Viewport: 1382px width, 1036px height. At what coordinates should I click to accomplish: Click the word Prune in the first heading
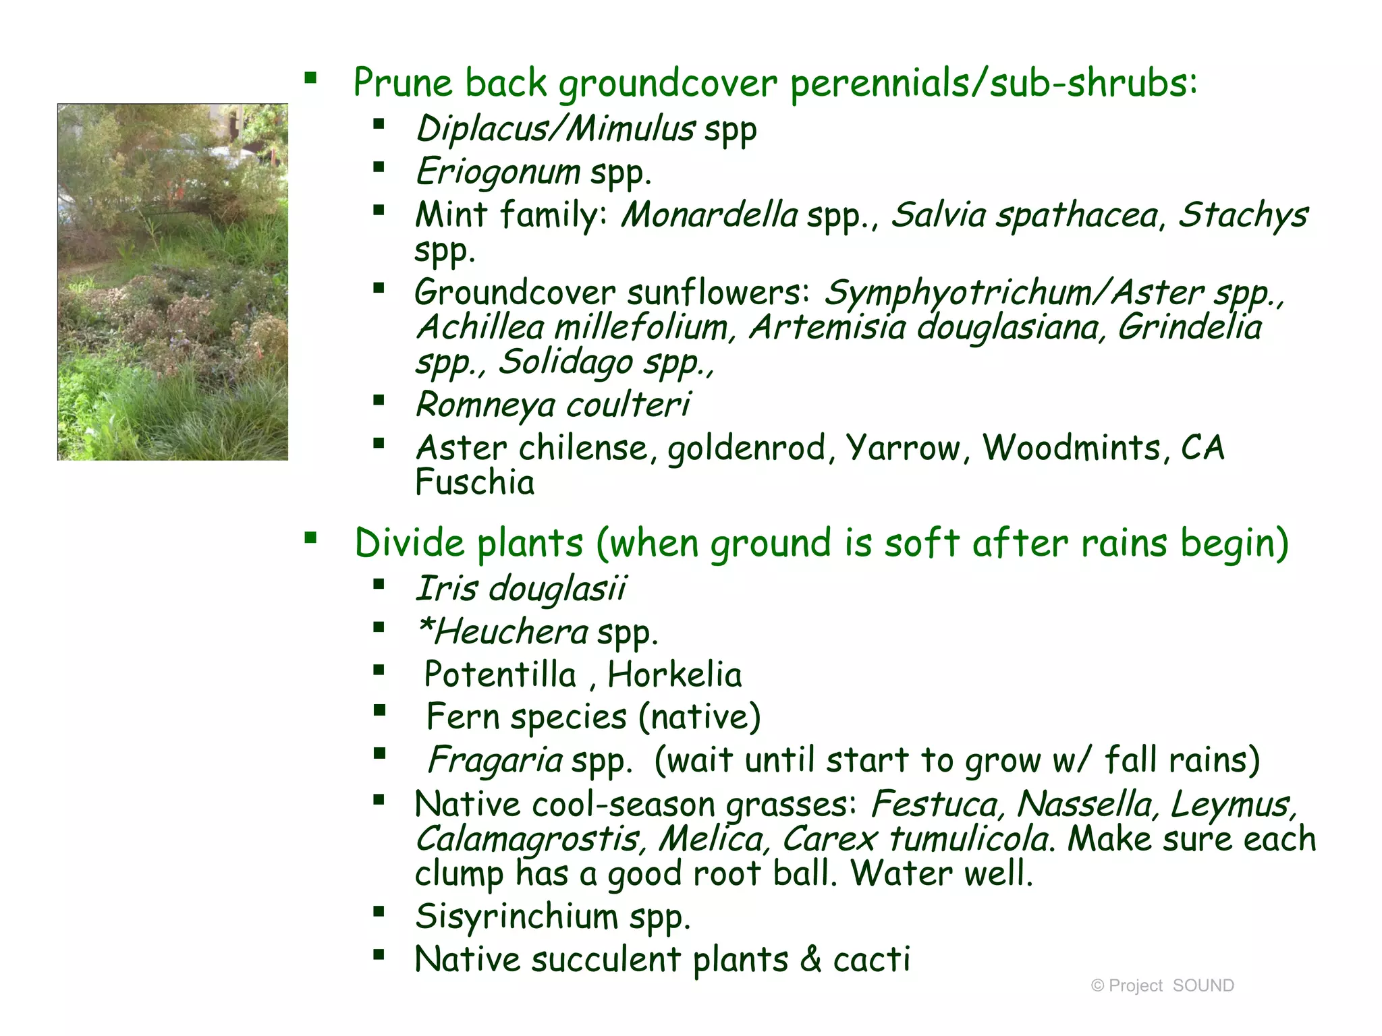point(402,83)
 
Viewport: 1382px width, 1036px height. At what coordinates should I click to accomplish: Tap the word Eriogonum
point(498,172)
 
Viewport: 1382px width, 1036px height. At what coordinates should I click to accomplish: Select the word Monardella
point(709,215)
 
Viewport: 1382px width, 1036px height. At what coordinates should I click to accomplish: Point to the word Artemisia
point(827,328)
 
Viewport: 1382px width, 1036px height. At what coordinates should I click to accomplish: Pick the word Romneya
point(485,405)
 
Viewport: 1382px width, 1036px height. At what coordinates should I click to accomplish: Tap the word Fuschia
point(474,483)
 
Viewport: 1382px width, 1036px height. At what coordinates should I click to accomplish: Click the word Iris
point(446,588)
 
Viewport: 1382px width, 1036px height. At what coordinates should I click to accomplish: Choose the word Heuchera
point(509,633)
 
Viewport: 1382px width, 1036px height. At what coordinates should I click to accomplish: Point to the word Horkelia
point(674,675)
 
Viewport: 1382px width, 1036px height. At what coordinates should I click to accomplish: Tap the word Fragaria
point(495,760)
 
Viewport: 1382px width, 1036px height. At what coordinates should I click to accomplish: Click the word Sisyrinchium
point(516,917)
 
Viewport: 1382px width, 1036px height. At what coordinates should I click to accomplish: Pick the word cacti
point(871,960)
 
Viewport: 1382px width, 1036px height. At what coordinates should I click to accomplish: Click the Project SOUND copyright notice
point(1162,985)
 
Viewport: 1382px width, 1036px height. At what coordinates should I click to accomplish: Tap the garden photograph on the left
point(173,282)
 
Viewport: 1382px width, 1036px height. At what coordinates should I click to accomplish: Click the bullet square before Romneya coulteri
point(379,401)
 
